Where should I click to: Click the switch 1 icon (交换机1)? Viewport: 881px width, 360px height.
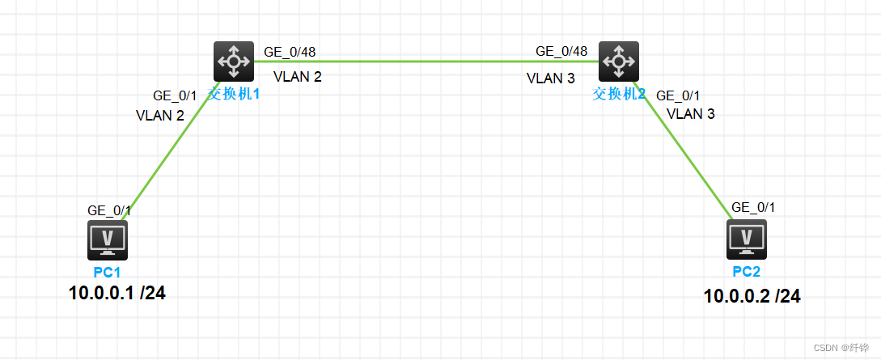(x=234, y=61)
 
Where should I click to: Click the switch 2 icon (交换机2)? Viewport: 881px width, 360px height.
(x=619, y=61)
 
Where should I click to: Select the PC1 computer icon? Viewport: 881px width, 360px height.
(x=110, y=239)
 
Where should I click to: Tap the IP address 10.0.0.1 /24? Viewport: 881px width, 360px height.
(x=118, y=293)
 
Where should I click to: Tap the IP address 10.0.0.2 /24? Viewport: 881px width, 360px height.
(x=752, y=297)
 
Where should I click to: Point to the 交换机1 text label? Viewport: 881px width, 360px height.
(x=235, y=93)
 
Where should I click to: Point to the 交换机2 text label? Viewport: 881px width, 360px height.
(x=619, y=93)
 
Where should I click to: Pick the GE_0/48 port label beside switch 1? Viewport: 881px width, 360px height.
(x=290, y=52)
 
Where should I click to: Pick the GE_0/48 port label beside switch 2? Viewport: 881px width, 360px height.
(x=561, y=52)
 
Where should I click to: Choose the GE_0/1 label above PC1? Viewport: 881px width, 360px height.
(x=109, y=210)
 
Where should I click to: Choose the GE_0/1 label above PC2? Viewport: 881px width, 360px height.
(x=753, y=207)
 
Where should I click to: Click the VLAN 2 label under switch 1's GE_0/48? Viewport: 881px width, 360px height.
(x=298, y=78)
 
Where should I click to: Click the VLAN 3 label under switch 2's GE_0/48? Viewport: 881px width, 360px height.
(x=551, y=78)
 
